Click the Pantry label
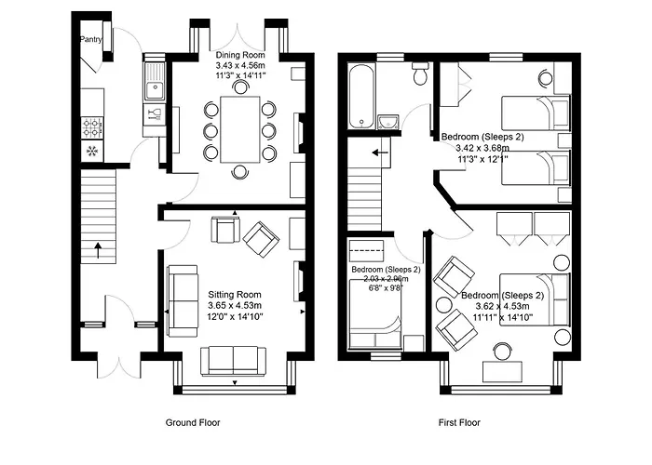pos(90,40)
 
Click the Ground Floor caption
pos(192,422)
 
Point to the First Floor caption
pos(459,422)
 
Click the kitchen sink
pos(153,90)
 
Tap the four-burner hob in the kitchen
pos(93,125)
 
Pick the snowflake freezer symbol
pos(92,152)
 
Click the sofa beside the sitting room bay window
pos(234,359)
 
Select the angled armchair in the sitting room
pos(261,238)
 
